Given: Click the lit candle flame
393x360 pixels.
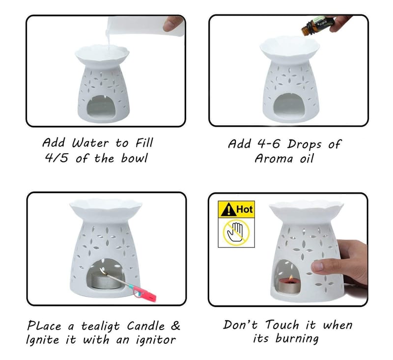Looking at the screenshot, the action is click(x=291, y=278).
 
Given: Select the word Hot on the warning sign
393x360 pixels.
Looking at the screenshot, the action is click(x=244, y=209).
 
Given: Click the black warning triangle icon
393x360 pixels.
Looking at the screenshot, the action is click(x=228, y=209).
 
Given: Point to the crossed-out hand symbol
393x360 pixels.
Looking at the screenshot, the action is click(x=236, y=232).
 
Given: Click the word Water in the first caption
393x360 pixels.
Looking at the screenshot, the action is click(x=90, y=143).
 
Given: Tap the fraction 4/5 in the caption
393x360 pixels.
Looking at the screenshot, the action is click(x=56, y=158).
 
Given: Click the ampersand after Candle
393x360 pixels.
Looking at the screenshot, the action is click(x=175, y=326).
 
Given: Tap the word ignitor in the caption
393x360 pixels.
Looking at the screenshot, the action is click(x=156, y=340).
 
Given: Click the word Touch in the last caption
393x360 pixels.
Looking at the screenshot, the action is click(x=282, y=325).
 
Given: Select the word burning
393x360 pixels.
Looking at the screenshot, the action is click(x=297, y=339).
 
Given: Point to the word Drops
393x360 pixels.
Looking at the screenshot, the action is click(x=304, y=144).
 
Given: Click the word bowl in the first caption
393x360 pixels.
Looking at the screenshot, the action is click(x=134, y=158).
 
